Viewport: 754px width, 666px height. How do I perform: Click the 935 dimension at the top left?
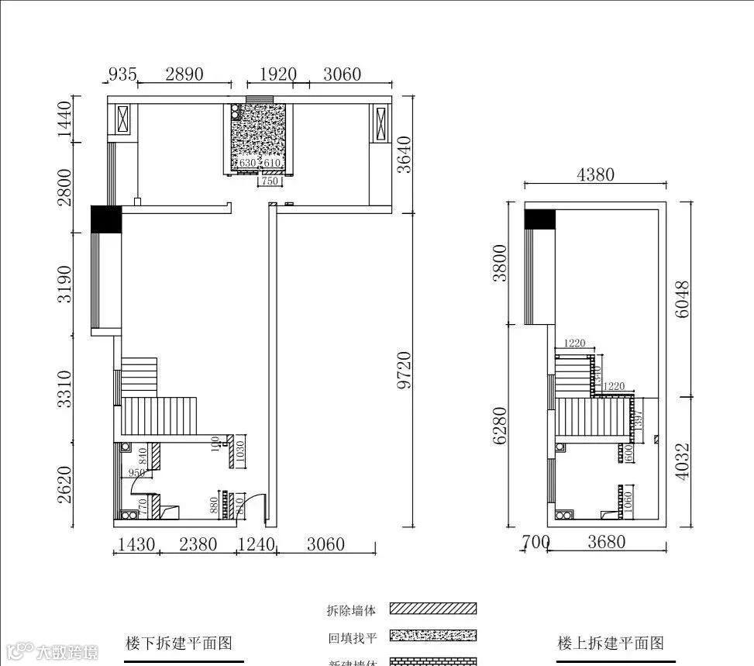(x=122, y=74)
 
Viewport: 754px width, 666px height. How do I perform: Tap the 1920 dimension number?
(x=277, y=74)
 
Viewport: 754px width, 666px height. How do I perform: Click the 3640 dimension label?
(x=403, y=156)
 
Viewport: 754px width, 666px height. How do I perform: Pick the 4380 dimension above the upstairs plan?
(x=595, y=174)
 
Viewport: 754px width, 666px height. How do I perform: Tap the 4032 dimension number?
(x=682, y=461)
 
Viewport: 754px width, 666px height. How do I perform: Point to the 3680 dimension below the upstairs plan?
(x=606, y=543)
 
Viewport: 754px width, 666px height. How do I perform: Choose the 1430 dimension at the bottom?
(x=136, y=544)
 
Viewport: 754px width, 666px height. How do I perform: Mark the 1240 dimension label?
(x=256, y=544)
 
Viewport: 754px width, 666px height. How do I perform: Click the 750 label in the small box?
(x=269, y=181)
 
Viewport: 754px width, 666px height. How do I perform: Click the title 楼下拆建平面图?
(x=179, y=643)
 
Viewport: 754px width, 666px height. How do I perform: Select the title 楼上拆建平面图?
(x=611, y=643)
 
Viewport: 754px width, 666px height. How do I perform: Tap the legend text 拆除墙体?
(x=351, y=611)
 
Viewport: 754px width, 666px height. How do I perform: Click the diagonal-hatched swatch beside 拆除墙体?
(x=433, y=609)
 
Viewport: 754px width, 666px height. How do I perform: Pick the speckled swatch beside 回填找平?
(x=433, y=637)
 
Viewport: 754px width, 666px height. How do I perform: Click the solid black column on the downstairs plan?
(x=106, y=219)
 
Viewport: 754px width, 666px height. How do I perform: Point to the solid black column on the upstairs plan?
(x=540, y=219)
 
